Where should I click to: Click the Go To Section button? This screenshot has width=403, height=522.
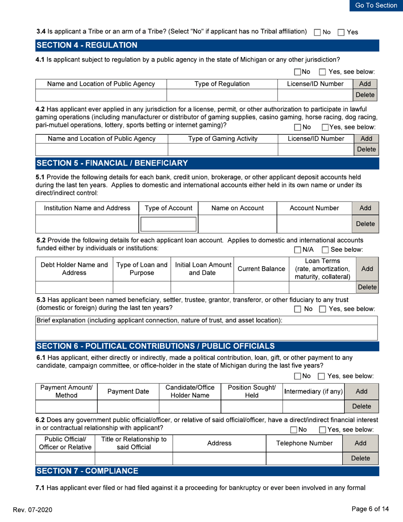[376, 6]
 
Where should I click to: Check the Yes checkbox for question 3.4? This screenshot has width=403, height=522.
[340, 32]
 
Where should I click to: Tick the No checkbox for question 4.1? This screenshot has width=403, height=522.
[297, 72]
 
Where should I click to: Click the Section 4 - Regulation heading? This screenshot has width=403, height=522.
[87, 45]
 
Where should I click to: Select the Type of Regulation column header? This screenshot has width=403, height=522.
[222, 84]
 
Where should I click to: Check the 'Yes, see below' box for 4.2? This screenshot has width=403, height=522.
[325, 127]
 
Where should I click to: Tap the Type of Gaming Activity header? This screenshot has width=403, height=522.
[222, 139]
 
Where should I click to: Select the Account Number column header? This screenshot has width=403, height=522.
[314, 208]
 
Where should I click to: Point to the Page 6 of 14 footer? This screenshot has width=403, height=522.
[374, 508]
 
